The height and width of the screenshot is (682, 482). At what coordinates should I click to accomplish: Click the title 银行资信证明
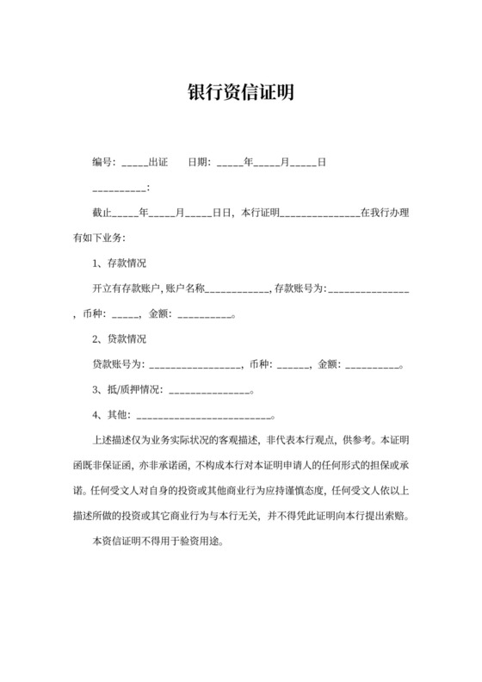(x=241, y=92)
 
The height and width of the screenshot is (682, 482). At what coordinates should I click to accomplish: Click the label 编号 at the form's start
(x=102, y=162)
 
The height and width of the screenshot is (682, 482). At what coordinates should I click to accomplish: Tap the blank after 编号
(x=134, y=163)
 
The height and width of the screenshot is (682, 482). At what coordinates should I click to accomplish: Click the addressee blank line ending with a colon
(x=120, y=188)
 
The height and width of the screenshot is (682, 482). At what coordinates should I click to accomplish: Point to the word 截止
(x=101, y=212)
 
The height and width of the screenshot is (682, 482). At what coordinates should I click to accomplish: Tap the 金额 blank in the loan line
(x=372, y=363)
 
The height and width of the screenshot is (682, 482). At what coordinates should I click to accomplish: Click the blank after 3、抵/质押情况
(x=208, y=389)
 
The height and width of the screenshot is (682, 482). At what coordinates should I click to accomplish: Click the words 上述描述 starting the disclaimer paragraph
(x=110, y=439)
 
